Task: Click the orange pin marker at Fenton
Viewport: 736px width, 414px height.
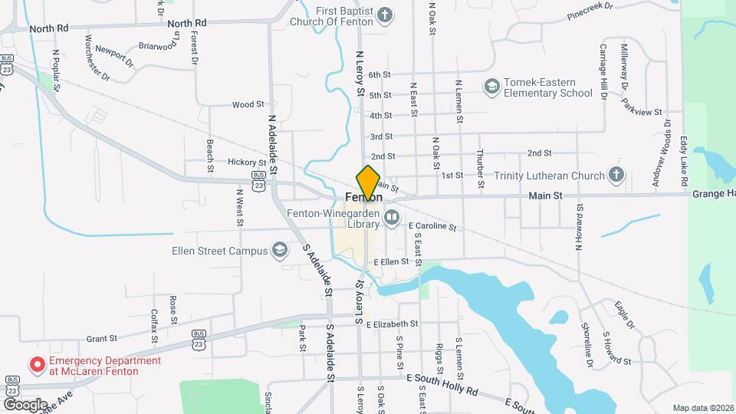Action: (368, 182)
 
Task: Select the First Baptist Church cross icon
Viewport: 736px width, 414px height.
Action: (386, 15)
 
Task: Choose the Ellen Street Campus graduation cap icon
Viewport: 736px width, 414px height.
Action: (280, 250)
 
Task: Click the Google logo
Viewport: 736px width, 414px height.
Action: (25, 404)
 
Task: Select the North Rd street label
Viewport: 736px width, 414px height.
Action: (50, 28)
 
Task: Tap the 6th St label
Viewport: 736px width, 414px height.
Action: (379, 75)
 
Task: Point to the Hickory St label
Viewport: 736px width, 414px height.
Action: (246, 163)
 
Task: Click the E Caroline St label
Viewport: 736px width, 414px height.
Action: (432, 227)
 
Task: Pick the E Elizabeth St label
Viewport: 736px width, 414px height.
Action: (392, 324)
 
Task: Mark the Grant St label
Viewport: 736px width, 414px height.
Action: (101, 338)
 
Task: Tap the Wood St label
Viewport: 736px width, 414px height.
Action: (248, 104)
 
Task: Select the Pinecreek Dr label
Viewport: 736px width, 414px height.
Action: (590, 10)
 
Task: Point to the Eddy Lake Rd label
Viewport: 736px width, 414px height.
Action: (683, 163)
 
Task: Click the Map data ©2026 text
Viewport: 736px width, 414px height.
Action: (703, 408)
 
